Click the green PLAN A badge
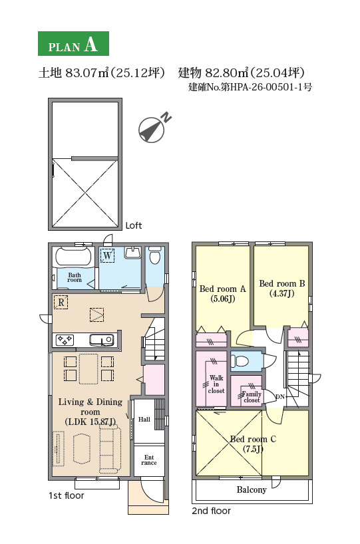click(x=73, y=43)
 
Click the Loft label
click(x=134, y=225)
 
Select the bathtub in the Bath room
click(x=74, y=257)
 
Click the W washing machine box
click(x=107, y=255)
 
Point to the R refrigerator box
click(x=61, y=302)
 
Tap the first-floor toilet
click(x=154, y=255)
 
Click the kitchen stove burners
click(x=65, y=339)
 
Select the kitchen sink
click(x=101, y=339)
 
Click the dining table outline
click(x=89, y=368)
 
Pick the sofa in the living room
click(x=110, y=449)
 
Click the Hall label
click(x=144, y=419)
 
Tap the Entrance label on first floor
click(x=149, y=460)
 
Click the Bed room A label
click(x=222, y=289)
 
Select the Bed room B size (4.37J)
click(x=282, y=293)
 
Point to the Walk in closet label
click(x=216, y=384)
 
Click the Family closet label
click(x=252, y=397)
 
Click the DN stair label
click(x=280, y=397)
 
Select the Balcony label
click(x=252, y=490)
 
